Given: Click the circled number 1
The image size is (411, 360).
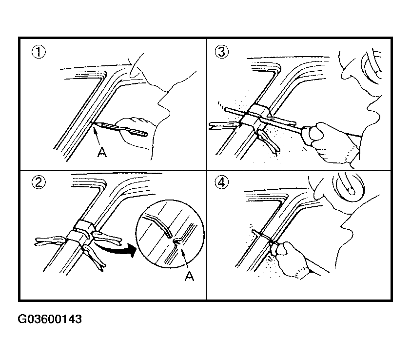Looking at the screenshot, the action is pyautogui.click(x=39, y=52).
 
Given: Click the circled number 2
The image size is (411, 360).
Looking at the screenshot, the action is pyautogui.click(x=39, y=182).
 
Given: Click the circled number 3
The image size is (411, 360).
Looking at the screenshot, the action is pyautogui.click(x=221, y=52).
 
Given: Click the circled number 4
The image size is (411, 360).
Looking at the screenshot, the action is pyautogui.click(x=221, y=182).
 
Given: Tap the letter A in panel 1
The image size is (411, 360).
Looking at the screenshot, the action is pyautogui.click(x=102, y=152).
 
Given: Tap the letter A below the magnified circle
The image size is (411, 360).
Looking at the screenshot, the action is pyautogui.click(x=189, y=276).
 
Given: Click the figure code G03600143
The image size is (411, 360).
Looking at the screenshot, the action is pyautogui.click(x=50, y=319).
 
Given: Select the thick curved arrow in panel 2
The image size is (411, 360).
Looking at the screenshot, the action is pyautogui.click(x=116, y=249).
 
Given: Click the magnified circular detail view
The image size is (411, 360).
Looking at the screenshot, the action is pyautogui.click(x=170, y=234).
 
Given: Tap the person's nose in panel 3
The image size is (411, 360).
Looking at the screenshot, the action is pyautogui.click(x=345, y=74).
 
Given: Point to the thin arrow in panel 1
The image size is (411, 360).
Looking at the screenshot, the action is pyautogui.click(x=97, y=136).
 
